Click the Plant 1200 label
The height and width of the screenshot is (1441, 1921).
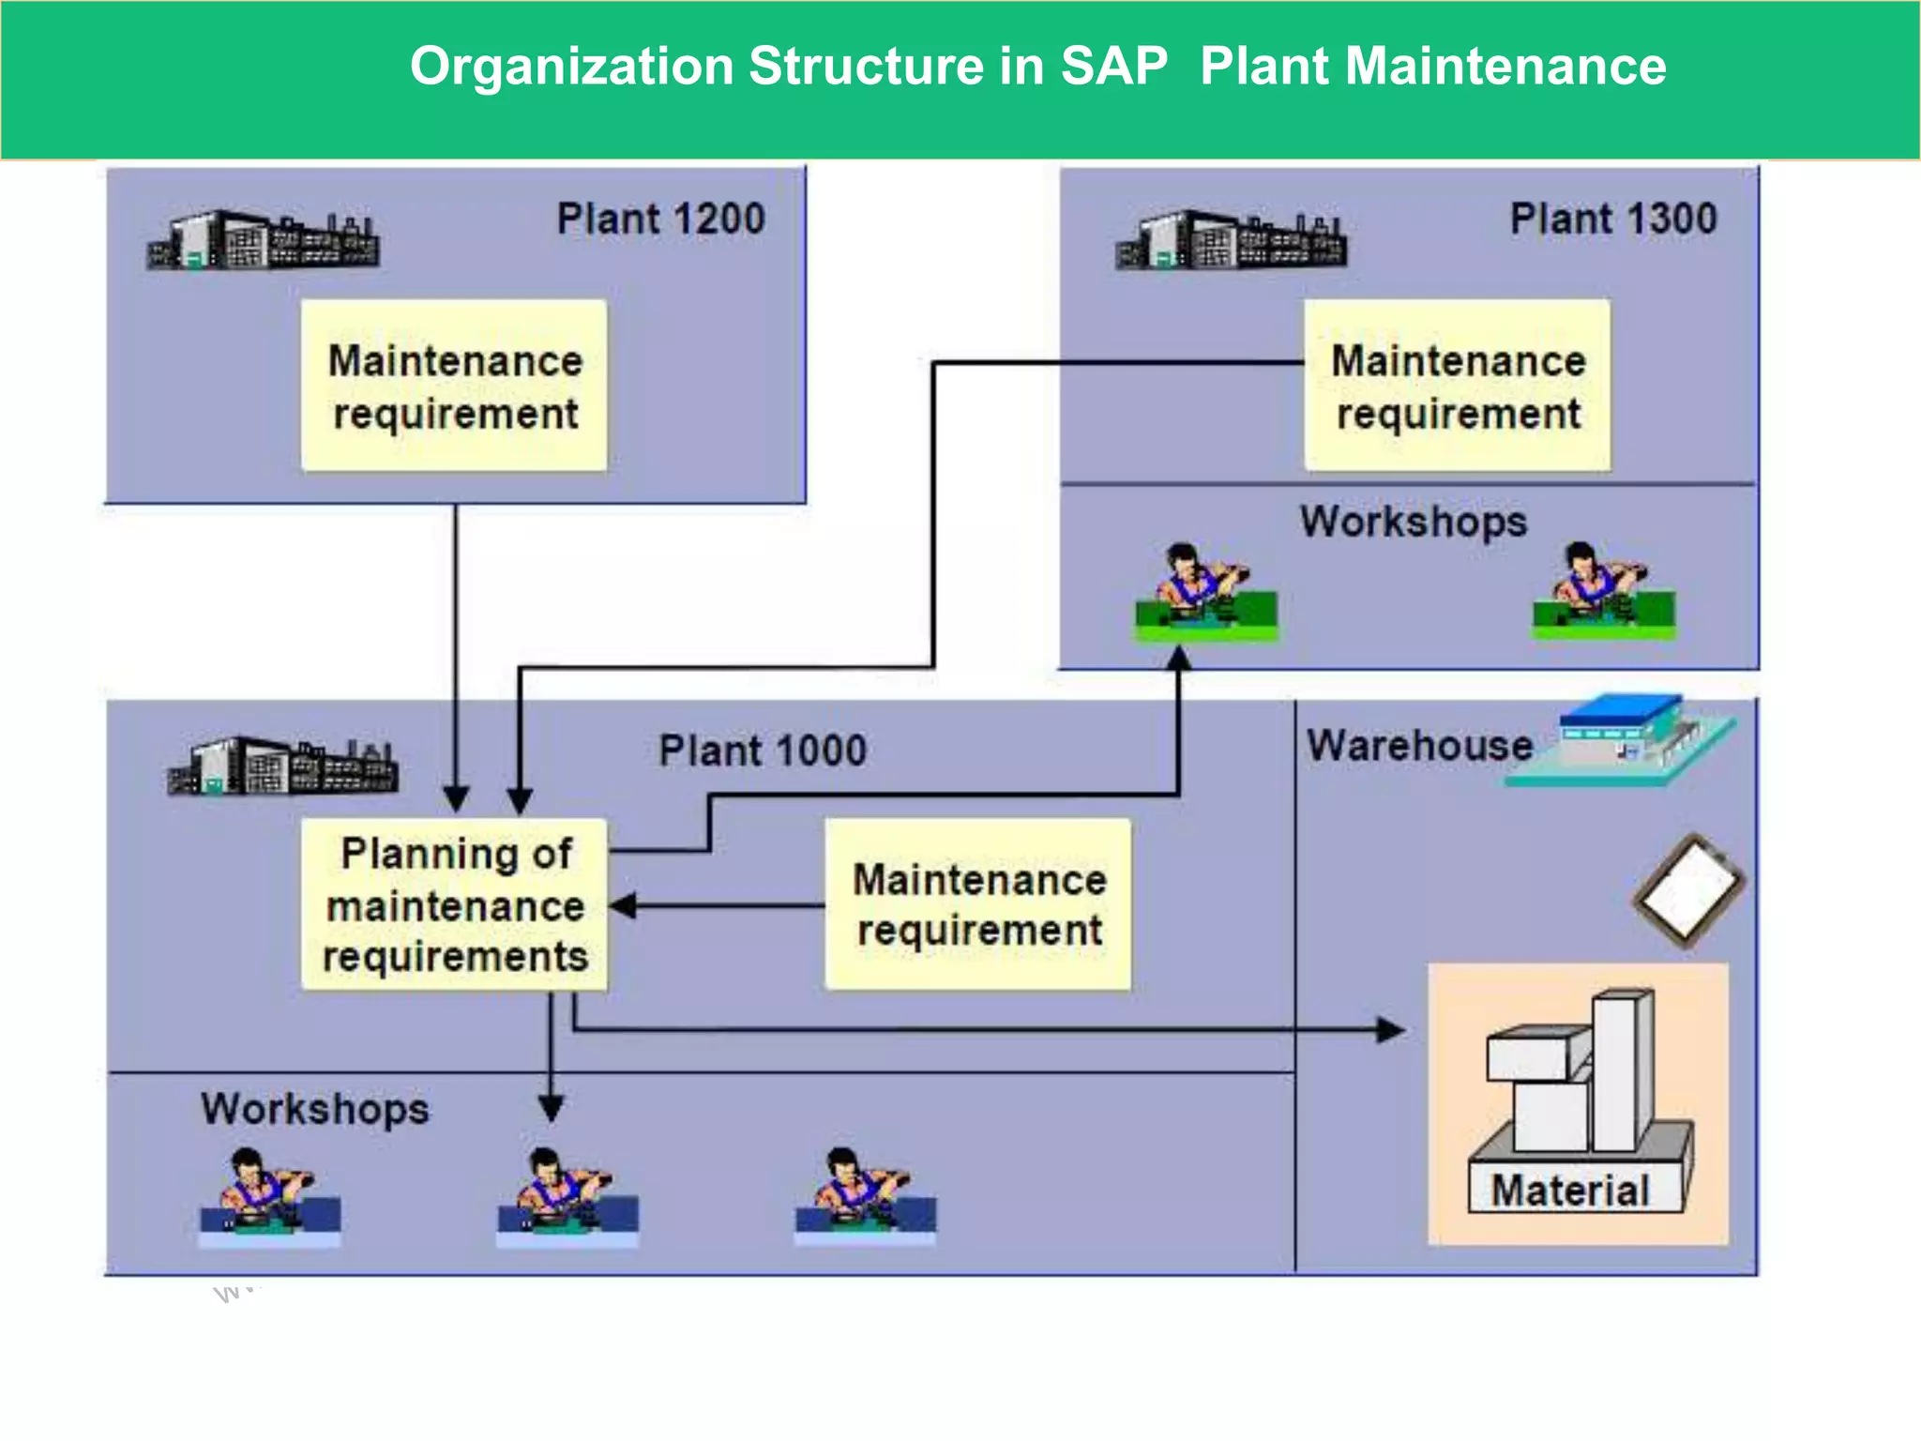click(x=660, y=219)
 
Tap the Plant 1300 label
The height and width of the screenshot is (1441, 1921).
click(x=1613, y=219)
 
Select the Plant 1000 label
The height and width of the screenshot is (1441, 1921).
click(x=763, y=751)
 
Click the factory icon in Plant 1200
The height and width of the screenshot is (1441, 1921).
click(x=263, y=240)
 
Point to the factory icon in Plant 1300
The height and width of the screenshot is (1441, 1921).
click(x=1231, y=240)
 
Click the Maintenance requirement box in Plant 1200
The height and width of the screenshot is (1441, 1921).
click(x=454, y=386)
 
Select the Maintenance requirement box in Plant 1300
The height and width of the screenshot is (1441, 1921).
click(x=1458, y=386)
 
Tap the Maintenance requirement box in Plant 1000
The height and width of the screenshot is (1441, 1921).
click(x=978, y=904)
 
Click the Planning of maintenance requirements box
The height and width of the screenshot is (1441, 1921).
click(x=454, y=904)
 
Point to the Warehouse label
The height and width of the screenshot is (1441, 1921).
click(x=1419, y=746)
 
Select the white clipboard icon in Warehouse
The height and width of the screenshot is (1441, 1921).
click(x=1689, y=890)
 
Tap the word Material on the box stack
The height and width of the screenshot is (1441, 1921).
click(x=1570, y=1191)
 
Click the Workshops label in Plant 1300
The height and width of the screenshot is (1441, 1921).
click(x=1413, y=522)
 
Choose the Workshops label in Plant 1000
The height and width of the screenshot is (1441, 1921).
click(x=314, y=1109)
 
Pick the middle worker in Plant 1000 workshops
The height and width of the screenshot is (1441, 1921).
click(x=567, y=1195)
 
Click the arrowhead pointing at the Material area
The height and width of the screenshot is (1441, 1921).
click(x=1392, y=1030)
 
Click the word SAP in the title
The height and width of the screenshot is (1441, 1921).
click(x=1113, y=67)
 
